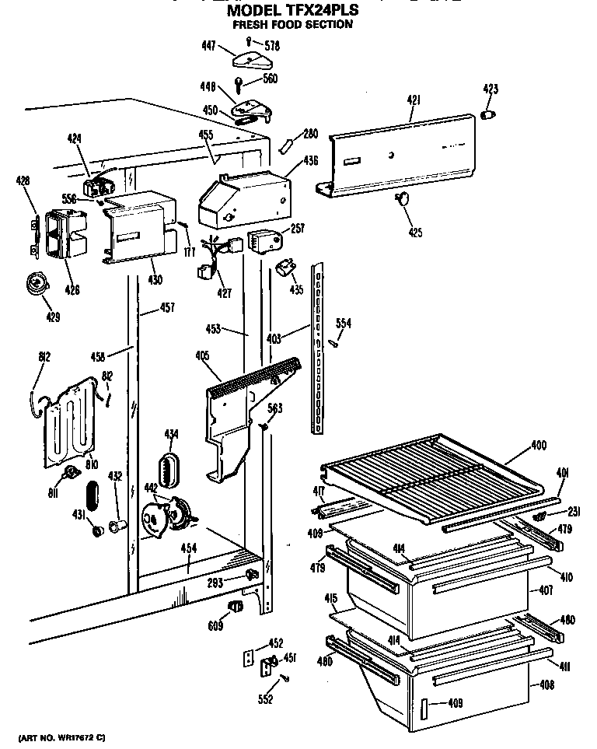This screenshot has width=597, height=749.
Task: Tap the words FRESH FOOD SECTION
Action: click(293, 25)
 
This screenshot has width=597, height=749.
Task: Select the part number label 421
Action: click(414, 100)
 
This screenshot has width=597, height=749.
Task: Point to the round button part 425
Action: click(402, 201)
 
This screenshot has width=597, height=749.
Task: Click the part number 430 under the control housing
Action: click(155, 279)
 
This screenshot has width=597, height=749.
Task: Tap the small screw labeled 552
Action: click(285, 679)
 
